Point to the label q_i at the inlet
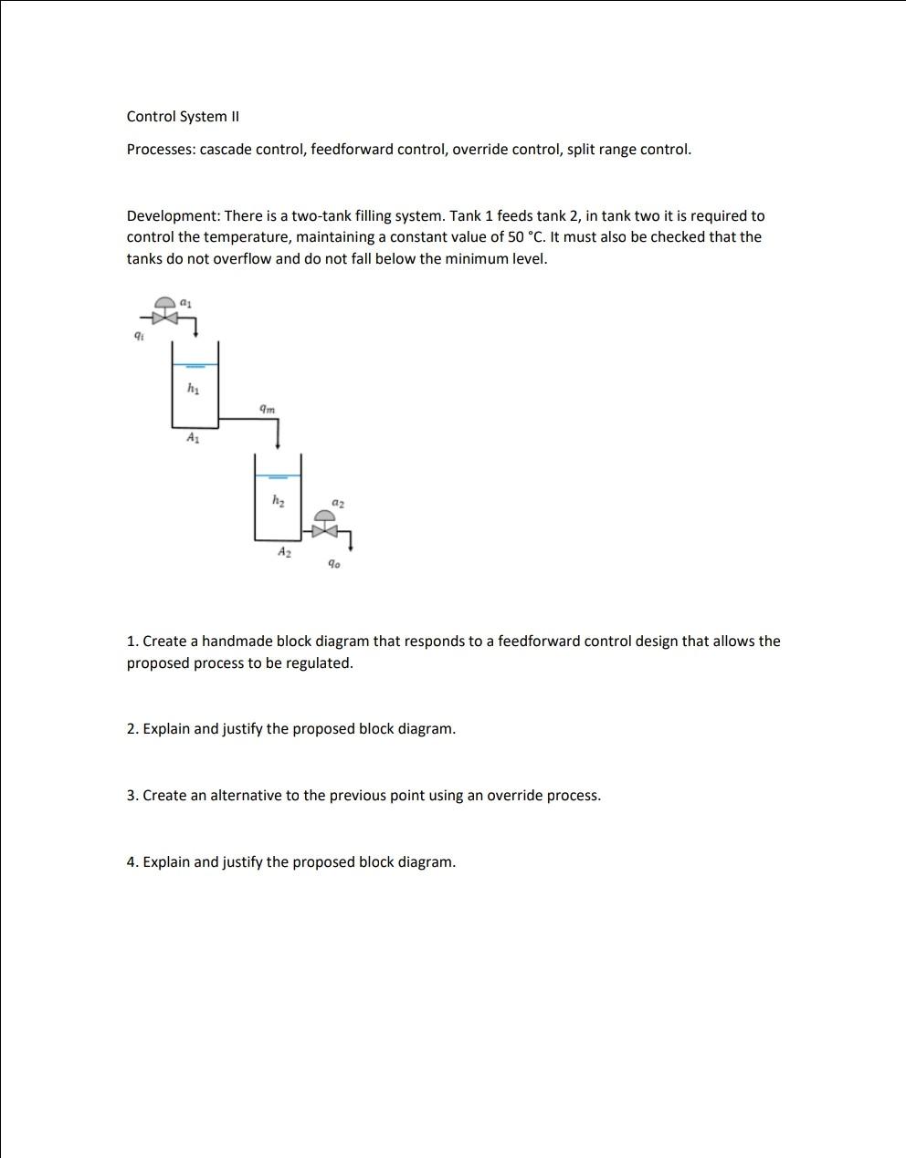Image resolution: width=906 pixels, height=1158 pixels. [138, 336]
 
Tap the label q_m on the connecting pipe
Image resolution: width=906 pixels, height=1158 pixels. [267, 409]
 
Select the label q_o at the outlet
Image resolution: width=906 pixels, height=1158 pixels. [334, 564]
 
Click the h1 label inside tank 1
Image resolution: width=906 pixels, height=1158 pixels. [193, 388]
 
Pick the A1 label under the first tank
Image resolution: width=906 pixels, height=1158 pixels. [193, 438]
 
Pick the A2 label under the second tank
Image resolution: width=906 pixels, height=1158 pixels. [285, 552]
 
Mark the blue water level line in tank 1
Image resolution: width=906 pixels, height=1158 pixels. [195, 365]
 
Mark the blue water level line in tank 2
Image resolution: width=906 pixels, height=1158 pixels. [278, 476]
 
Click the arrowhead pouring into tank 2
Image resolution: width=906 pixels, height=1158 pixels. [278, 445]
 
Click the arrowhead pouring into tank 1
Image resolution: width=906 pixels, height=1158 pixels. [195, 334]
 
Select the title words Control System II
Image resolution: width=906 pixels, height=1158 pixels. [183, 116]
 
